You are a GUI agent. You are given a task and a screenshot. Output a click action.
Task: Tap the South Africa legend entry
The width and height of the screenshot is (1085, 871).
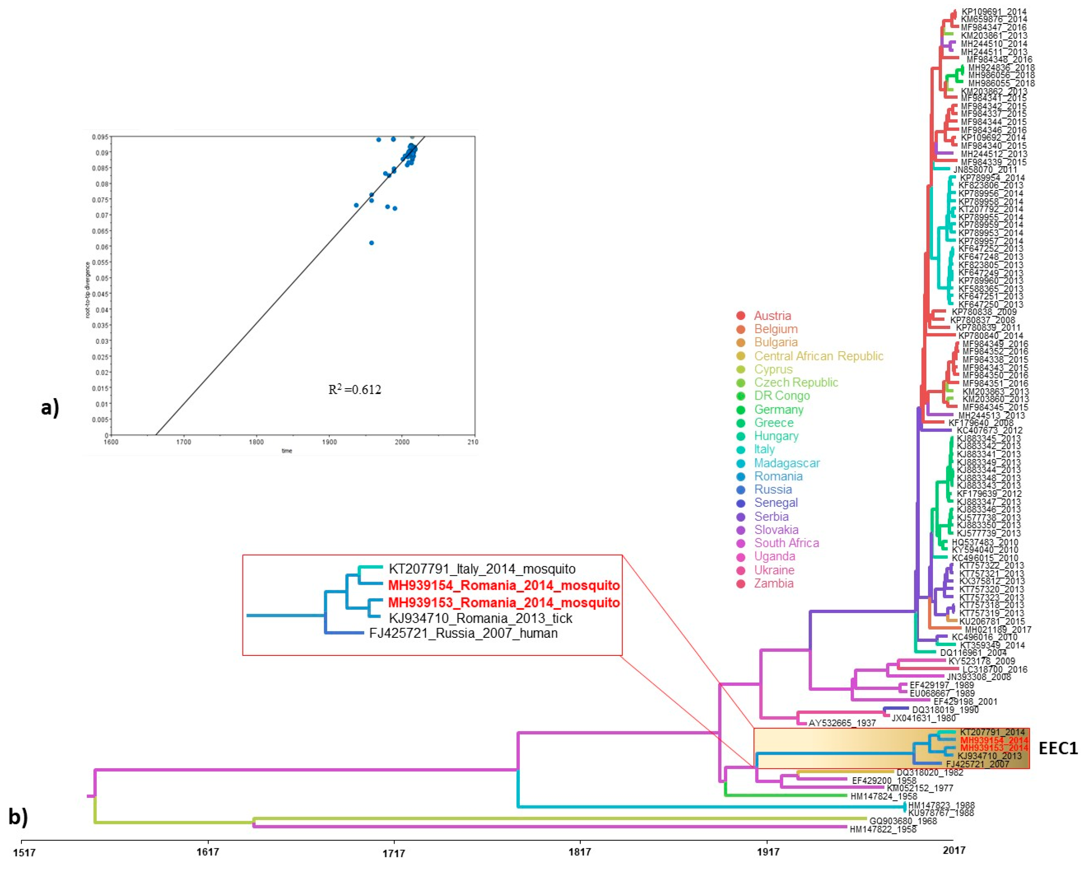click(786, 543)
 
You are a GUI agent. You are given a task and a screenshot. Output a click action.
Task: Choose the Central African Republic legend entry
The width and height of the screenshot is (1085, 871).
click(818, 356)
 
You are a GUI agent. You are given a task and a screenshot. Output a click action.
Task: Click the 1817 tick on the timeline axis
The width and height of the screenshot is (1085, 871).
click(580, 851)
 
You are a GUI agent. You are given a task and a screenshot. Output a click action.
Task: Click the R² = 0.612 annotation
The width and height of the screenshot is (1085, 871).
click(355, 390)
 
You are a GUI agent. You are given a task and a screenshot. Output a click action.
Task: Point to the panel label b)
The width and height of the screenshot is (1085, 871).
click(18, 817)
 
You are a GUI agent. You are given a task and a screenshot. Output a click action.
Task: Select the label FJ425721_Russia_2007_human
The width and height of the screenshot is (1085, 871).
click(463, 633)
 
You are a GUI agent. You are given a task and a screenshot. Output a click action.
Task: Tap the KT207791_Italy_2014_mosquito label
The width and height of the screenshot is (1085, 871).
click(482, 569)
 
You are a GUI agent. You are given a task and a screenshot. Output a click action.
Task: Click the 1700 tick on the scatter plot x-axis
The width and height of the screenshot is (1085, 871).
click(184, 442)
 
